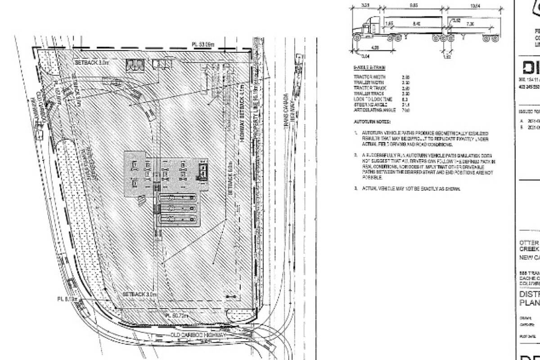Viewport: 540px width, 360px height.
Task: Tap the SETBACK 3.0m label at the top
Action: (93, 63)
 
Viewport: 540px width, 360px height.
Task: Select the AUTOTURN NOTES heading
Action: (372, 122)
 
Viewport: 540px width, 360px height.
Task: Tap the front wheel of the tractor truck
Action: (357, 39)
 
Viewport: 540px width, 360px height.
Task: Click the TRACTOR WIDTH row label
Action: (369, 77)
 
